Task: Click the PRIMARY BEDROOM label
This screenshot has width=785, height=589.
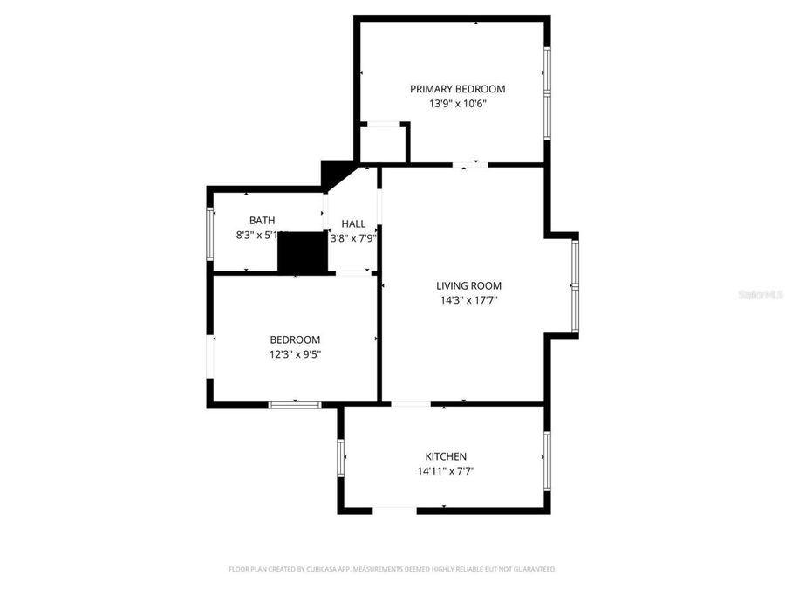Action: point(458,88)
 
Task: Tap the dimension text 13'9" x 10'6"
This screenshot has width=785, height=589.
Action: point(457,104)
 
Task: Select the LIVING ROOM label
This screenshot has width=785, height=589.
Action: point(469,285)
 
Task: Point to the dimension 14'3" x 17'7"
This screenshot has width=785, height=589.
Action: point(469,300)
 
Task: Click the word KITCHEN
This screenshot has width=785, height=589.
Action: point(446,456)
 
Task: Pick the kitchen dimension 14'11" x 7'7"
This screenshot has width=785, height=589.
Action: point(446,471)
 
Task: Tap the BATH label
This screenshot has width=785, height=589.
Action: point(262,220)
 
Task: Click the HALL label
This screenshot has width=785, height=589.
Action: point(353,223)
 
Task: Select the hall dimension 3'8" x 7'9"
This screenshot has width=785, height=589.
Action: point(353,238)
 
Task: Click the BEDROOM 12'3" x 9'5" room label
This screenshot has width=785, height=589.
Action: point(295,339)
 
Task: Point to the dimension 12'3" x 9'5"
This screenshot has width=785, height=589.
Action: point(295,354)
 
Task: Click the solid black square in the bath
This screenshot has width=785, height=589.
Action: point(301,252)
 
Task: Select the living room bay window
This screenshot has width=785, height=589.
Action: point(575,286)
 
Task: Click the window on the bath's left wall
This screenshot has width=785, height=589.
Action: point(209,232)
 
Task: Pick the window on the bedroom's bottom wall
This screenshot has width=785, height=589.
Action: point(295,404)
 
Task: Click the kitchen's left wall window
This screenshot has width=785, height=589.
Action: point(341,456)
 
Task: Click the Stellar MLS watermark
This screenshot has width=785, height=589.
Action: point(760,295)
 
